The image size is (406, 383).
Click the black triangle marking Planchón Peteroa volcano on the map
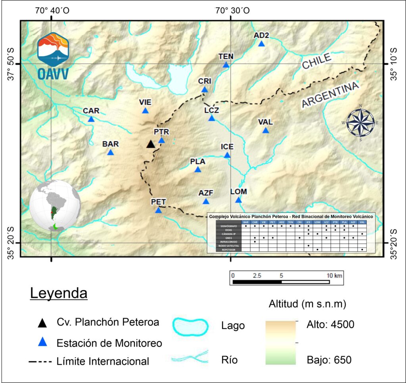(x=150, y=144)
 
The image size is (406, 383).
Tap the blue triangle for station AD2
(x=261, y=44)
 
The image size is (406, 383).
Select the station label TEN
(x=226, y=57)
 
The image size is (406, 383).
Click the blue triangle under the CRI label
(x=205, y=89)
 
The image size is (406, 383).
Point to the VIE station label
(x=145, y=102)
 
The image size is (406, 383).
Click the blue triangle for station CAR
(x=91, y=119)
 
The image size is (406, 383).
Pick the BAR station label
(x=110, y=144)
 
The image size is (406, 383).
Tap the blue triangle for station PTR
(x=161, y=140)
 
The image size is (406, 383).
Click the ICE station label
(x=227, y=147)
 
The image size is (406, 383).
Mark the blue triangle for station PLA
(x=198, y=170)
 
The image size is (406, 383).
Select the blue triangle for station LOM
(x=238, y=200)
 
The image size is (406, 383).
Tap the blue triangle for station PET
(x=158, y=210)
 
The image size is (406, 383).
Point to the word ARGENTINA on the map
(x=330, y=95)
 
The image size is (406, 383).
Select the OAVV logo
(x=52, y=55)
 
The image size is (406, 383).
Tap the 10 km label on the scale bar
(x=335, y=275)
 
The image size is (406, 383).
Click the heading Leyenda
(x=59, y=294)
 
